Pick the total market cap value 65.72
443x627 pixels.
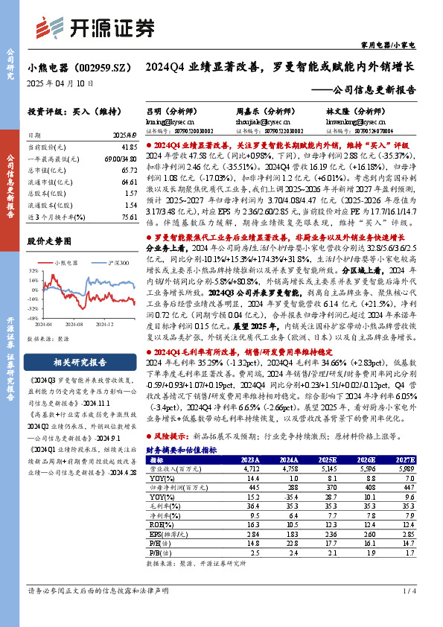129,171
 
